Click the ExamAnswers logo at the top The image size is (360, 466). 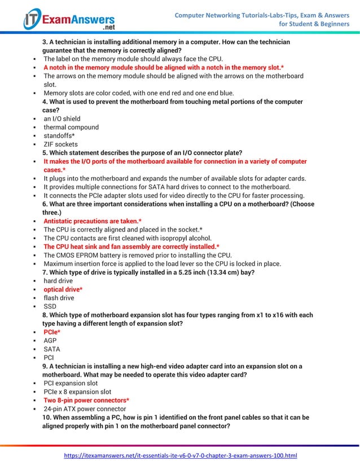tap(69, 19)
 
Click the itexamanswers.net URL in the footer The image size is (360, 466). tap(180, 455)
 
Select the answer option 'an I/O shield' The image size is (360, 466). tap(62, 119)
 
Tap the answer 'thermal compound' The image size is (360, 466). tap(71, 128)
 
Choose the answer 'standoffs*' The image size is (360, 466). tap(59, 136)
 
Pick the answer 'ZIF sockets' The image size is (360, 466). tap(61, 144)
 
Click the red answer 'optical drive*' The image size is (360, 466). tap(63, 289)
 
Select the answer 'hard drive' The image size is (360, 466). tap(58, 281)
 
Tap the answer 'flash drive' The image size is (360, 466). tap(59, 298)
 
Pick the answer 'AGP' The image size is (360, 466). tap(50, 341)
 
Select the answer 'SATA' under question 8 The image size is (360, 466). tap(51, 349)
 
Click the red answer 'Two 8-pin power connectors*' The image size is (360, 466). tap(86, 400)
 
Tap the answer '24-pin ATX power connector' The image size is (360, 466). tap(85, 409)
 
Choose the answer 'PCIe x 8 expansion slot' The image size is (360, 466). tap(77, 392)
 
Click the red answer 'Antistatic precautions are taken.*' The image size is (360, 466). tap(93, 221)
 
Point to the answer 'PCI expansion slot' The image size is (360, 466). tap(71, 383)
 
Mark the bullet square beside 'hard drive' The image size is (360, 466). tap(35, 281)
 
